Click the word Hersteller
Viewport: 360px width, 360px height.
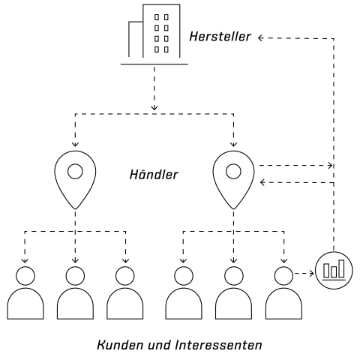coord(220,37)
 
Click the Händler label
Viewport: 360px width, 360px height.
coord(154,174)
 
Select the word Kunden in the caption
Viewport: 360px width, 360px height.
coord(120,345)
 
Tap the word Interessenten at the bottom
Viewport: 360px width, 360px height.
coord(218,345)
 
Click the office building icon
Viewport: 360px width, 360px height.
coord(154,34)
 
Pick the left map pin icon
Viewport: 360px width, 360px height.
coord(75,180)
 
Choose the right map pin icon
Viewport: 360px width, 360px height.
coord(233,180)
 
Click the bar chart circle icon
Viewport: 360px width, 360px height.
coord(334,271)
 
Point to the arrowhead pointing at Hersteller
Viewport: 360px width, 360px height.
coord(260,38)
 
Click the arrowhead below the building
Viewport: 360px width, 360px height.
coord(154,108)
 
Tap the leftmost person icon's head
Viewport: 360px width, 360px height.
coord(25,276)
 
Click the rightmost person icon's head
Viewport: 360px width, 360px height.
coord(283,276)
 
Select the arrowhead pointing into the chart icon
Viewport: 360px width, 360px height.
coord(311,274)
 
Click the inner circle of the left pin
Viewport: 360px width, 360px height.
coord(75,172)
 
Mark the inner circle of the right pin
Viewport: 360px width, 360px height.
coord(233,172)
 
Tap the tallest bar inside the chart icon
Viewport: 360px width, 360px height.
coord(341,268)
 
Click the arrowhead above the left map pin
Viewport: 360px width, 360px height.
coord(75,144)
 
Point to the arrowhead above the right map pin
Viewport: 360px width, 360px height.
coord(233,144)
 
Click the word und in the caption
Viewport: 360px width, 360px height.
coord(159,345)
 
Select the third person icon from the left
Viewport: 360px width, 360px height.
coord(125,292)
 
